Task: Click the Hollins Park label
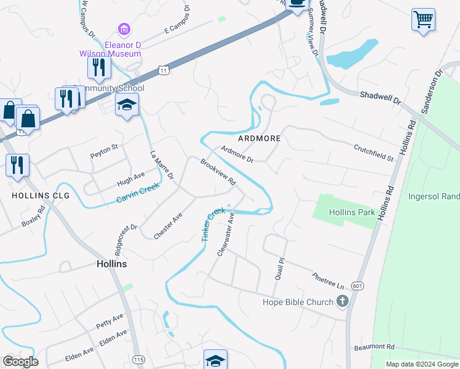[351, 212]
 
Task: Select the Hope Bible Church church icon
[343, 301]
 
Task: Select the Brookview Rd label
[218, 172]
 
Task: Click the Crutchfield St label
[373, 153]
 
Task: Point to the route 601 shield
[358, 286]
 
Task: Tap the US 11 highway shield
[162, 70]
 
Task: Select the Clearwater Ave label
[226, 235]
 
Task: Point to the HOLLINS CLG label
[40, 196]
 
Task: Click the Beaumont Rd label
[374, 347]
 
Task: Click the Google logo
[20, 362]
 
